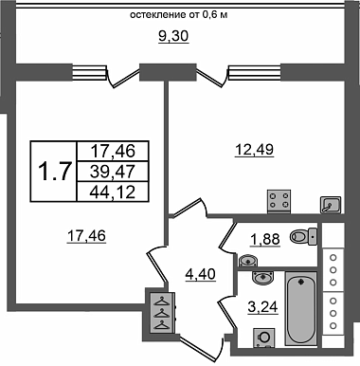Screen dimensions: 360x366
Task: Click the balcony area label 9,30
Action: (x=173, y=36)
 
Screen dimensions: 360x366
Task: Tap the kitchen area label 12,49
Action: (x=254, y=149)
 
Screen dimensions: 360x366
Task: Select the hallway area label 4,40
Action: (x=200, y=274)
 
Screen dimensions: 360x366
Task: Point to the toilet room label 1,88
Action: (x=265, y=239)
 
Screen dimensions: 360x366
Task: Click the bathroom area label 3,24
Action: (x=262, y=306)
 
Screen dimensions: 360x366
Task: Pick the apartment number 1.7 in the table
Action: (x=53, y=172)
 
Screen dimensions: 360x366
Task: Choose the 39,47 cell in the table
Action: (x=113, y=172)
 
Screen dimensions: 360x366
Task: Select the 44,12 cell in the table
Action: (x=113, y=192)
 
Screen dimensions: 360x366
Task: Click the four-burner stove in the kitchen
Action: (x=279, y=201)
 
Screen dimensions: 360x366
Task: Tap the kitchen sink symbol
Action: (x=331, y=205)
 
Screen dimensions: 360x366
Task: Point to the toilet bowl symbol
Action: (x=303, y=236)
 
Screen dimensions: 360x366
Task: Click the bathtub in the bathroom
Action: (x=301, y=308)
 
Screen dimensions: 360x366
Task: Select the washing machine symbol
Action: (x=264, y=338)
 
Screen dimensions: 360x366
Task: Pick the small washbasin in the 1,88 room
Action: (x=248, y=261)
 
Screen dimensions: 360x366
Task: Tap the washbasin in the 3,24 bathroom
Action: (x=263, y=278)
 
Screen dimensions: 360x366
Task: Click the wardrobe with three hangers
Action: (x=163, y=313)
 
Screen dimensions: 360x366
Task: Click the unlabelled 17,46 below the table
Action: (x=86, y=236)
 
